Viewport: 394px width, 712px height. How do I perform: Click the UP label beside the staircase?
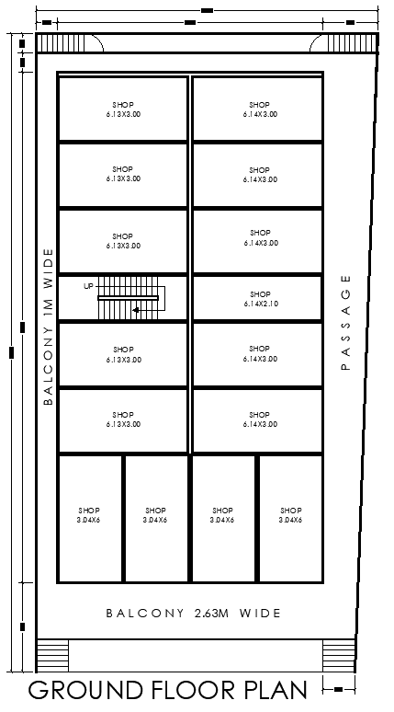[x=88, y=286]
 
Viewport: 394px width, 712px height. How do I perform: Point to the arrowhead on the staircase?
[x=135, y=310]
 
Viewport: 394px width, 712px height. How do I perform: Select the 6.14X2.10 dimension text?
[x=261, y=304]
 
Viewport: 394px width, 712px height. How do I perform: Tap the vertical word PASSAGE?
[x=346, y=322]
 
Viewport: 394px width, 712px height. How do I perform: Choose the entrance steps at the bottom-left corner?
[x=51, y=655]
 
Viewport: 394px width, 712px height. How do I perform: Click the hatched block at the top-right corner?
[x=368, y=43]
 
